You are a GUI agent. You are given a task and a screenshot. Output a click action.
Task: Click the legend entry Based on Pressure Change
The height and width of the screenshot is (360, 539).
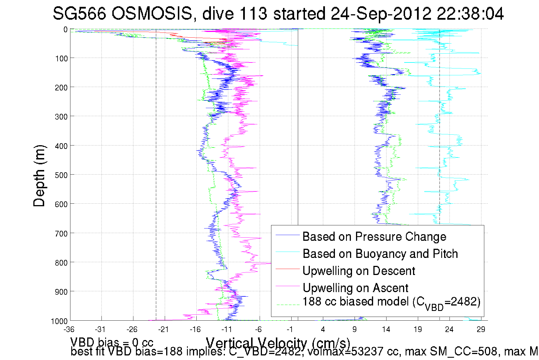point(374,236)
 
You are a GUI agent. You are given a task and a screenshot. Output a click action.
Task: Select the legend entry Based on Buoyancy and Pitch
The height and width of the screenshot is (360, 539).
point(380,254)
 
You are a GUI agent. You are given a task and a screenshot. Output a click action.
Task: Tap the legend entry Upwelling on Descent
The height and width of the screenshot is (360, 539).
point(359,271)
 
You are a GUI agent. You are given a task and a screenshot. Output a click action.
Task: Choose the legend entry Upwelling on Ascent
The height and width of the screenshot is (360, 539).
point(355,288)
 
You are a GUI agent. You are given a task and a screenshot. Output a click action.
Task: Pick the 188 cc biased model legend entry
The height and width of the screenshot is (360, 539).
point(391,302)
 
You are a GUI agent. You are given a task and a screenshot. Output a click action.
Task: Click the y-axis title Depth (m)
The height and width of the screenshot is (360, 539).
point(39,176)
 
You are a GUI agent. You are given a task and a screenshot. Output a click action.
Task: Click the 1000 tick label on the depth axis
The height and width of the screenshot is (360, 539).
point(59,321)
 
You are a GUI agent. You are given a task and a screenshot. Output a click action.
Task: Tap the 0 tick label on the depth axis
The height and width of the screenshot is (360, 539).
point(66,30)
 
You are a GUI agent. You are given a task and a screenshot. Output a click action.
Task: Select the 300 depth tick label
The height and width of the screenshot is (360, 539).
point(61,117)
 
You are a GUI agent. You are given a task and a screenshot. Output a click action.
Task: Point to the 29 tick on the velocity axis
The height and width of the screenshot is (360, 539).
point(481,329)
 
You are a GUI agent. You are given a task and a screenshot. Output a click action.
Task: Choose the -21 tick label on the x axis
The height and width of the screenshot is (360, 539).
point(164,329)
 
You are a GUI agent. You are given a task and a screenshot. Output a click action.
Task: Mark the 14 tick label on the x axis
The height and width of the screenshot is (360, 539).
point(386,329)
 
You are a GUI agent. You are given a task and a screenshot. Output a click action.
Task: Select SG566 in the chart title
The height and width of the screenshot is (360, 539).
point(79,13)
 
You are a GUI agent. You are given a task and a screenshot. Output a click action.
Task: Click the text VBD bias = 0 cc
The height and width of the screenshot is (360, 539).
point(112,342)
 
